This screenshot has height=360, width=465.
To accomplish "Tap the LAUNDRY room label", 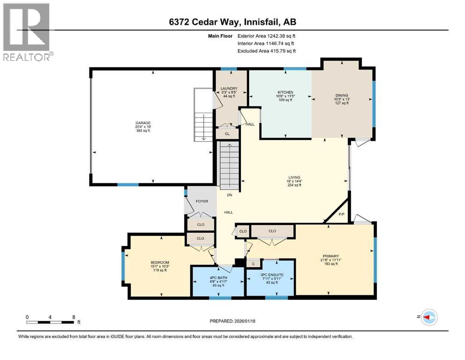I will click(229, 89).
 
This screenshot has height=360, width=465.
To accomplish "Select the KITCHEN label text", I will click(285, 92).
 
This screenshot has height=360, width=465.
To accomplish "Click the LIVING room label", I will click(294, 177).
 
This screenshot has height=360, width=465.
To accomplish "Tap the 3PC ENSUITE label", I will click(272, 276).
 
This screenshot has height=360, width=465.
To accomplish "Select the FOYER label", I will click(201, 201).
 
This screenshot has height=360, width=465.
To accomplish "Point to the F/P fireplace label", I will click(341, 214).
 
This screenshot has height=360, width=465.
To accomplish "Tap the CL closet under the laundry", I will click(228, 134).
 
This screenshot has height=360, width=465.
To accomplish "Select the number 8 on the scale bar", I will click(74, 316).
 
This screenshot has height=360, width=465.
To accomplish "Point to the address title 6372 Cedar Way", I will click(232, 22).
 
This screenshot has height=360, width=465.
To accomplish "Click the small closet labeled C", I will click(253, 264).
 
